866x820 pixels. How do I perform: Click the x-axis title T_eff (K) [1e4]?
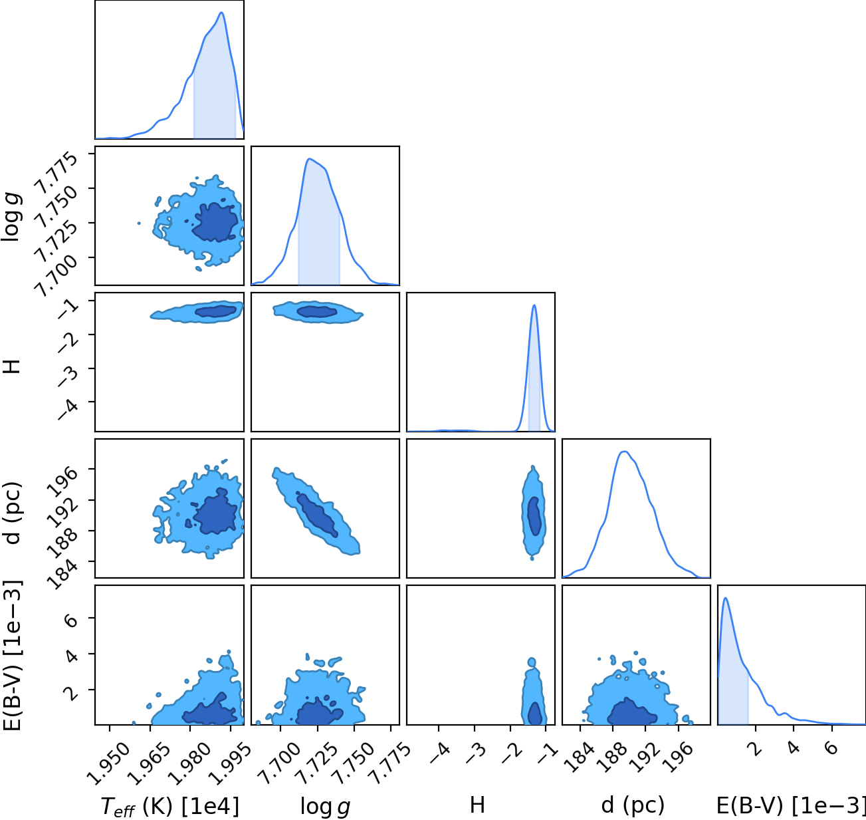coord(170,807)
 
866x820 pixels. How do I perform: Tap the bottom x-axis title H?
coord(477,805)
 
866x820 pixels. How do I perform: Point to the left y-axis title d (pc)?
coord(13,513)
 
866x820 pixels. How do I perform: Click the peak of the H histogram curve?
coord(534,305)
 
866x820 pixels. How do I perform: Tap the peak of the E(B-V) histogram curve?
coord(725,598)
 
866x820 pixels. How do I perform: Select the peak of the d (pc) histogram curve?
coord(624,452)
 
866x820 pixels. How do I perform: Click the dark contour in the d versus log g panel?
coord(317,514)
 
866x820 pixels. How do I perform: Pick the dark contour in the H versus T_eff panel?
coord(216,311)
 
